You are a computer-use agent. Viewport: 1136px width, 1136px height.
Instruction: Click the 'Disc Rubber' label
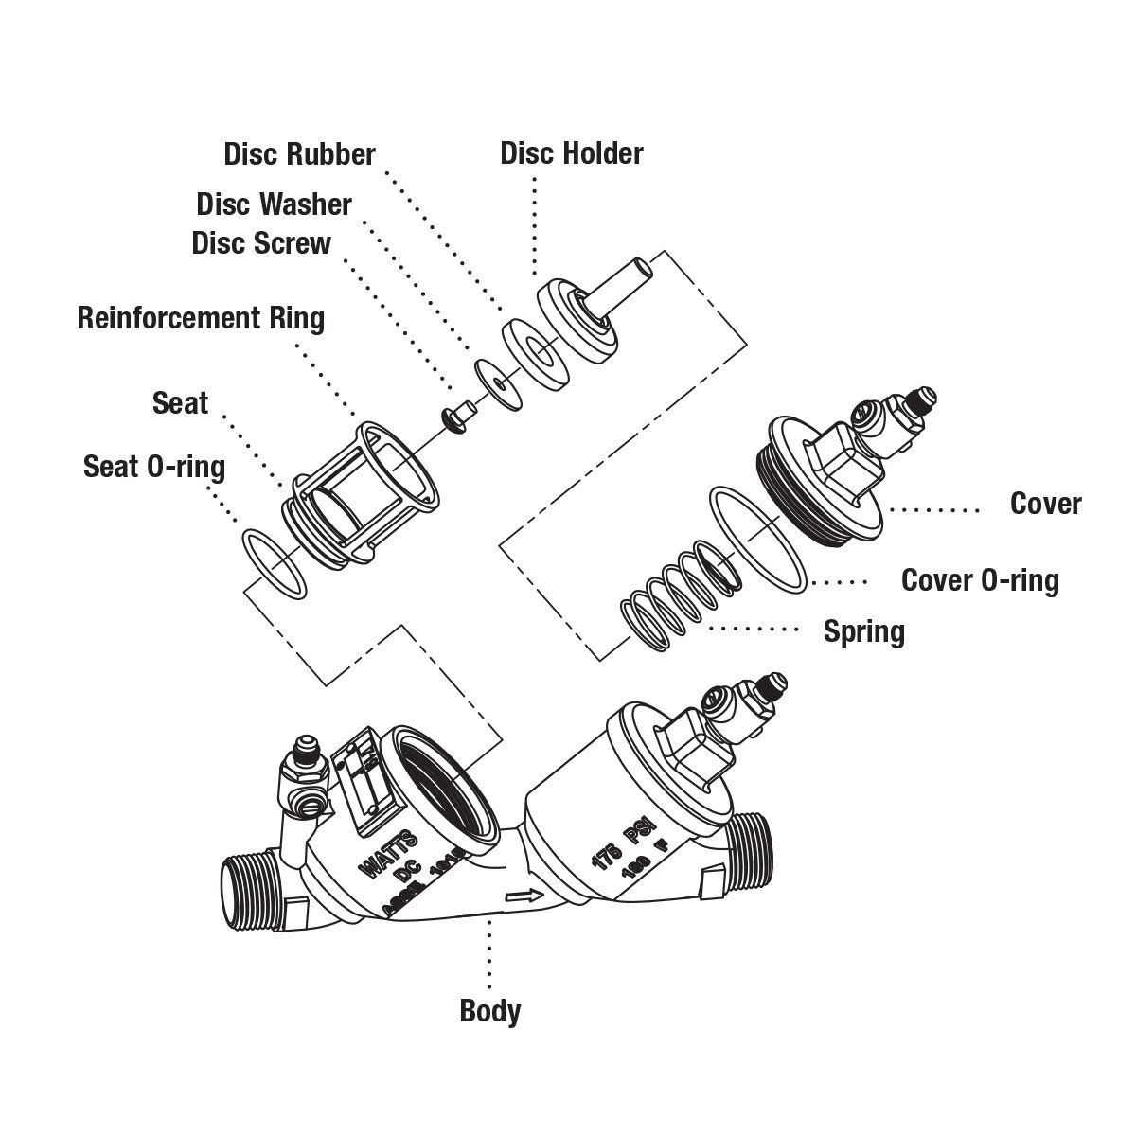(299, 154)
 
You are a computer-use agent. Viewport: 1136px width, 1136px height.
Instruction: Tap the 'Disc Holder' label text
(571, 153)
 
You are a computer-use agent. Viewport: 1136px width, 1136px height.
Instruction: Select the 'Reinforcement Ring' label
(201, 317)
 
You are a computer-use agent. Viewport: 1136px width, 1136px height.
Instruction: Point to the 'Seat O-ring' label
(154, 466)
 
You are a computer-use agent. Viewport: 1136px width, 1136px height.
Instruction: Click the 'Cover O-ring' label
(979, 579)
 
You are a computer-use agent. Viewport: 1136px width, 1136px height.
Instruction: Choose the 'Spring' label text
(863, 630)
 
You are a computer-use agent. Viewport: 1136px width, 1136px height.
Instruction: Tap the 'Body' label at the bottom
(489, 1010)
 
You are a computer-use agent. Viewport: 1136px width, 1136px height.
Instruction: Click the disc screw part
(458, 415)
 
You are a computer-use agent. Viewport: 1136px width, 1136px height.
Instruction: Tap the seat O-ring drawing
(274, 563)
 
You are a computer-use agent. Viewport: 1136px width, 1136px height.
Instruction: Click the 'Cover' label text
(1045, 504)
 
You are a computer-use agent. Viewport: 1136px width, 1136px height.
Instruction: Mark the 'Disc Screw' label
(261, 242)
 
